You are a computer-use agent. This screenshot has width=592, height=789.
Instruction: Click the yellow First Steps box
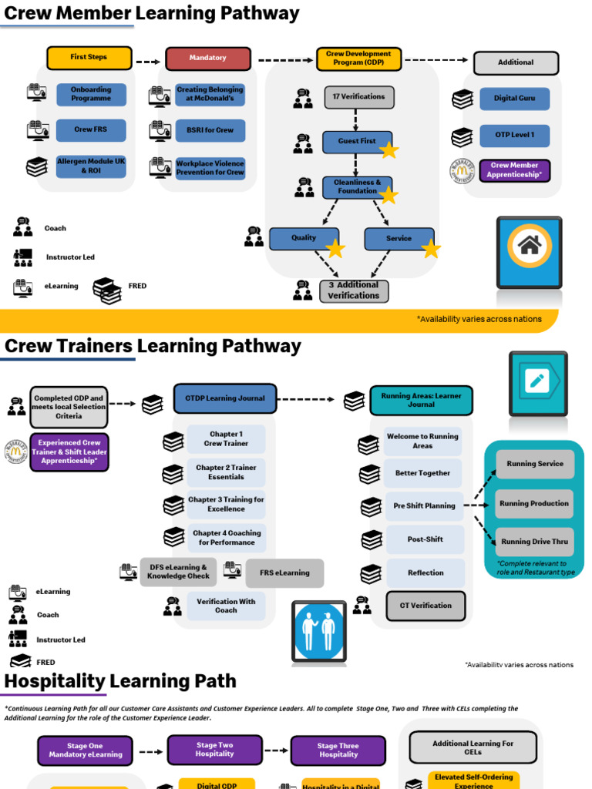[89, 58]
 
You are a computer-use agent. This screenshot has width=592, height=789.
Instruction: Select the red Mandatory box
[208, 59]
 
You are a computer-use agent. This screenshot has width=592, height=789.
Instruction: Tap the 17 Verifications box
[358, 97]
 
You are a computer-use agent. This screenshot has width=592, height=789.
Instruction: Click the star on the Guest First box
[389, 150]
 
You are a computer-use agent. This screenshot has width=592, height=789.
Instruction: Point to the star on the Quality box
[335, 248]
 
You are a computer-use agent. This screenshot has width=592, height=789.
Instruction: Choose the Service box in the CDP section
[399, 239]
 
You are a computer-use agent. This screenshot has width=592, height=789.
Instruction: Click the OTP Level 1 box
[514, 136]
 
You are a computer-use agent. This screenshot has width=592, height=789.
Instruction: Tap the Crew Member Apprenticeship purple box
[515, 170]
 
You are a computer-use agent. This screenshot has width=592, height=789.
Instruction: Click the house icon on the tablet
[529, 246]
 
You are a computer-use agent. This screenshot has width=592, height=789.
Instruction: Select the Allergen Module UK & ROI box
[91, 166]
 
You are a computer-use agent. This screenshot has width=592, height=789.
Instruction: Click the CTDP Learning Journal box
[224, 398]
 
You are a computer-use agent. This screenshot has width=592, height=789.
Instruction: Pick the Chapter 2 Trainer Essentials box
[226, 472]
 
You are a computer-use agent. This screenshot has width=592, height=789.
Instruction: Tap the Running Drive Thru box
[534, 542]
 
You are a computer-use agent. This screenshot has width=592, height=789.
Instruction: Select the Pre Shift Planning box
[424, 506]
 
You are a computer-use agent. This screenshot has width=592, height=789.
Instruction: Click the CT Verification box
[425, 606]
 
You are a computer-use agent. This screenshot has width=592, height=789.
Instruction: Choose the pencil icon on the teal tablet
[537, 381]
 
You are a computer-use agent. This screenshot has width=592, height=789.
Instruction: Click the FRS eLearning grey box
[284, 573]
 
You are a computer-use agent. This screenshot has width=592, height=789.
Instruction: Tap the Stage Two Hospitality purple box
[214, 750]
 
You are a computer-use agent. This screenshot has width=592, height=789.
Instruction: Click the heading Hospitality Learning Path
[120, 681]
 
